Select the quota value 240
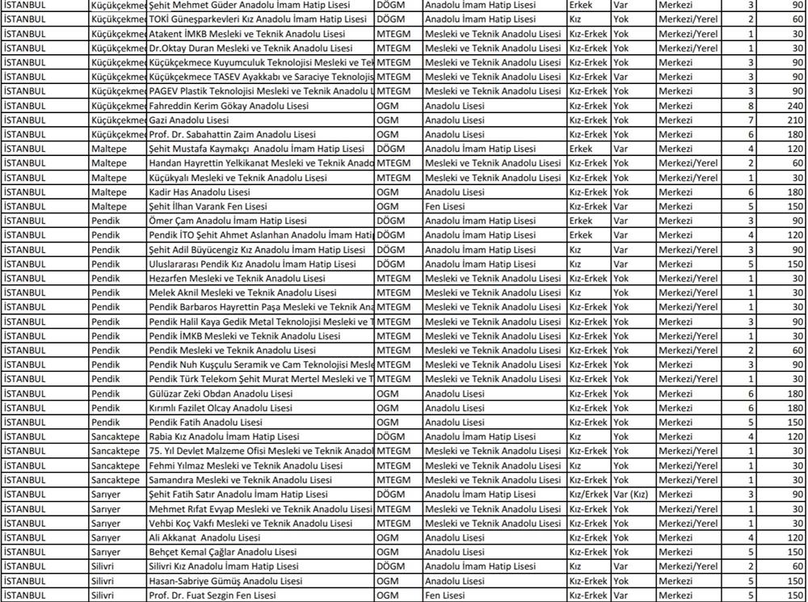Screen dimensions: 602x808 795,106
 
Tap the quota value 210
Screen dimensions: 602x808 795,120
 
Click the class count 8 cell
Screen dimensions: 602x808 751,106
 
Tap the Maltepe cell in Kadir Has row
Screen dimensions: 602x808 109,192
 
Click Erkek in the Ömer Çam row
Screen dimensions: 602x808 581,221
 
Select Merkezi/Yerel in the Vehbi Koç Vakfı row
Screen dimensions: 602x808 688,524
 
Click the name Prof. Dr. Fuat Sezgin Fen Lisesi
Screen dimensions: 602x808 213,596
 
